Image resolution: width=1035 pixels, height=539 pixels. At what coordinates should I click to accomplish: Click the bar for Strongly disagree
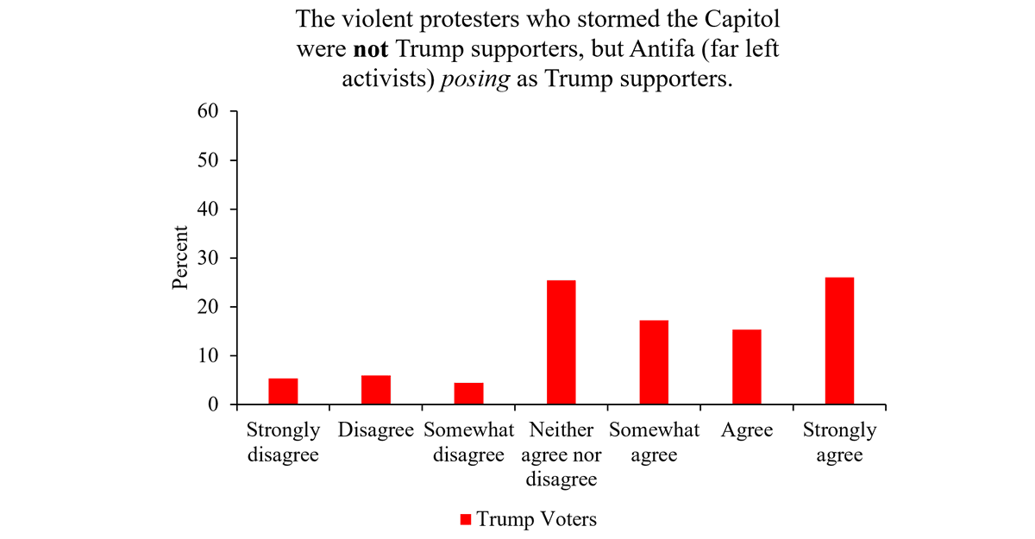point(283,392)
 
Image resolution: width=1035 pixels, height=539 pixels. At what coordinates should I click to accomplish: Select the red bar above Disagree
point(376,390)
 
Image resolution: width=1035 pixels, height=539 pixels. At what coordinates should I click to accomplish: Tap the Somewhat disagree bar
point(468,394)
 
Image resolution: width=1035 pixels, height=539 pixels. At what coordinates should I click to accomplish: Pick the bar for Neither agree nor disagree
point(561,342)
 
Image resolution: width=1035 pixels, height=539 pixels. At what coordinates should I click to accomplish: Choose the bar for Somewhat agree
point(654,362)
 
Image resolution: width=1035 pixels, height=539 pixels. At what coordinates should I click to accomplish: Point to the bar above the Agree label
point(746,367)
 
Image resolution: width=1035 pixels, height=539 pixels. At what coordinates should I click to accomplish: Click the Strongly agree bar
point(839,341)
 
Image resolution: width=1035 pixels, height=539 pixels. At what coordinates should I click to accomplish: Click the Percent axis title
point(180,257)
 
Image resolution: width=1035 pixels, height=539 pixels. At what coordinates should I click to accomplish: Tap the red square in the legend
point(465,519)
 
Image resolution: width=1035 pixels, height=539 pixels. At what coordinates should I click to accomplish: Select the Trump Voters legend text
point(536,519)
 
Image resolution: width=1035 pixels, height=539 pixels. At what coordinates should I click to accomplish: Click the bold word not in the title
point(373,49)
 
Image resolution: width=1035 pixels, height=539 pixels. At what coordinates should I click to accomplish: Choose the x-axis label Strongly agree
point(839,442)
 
